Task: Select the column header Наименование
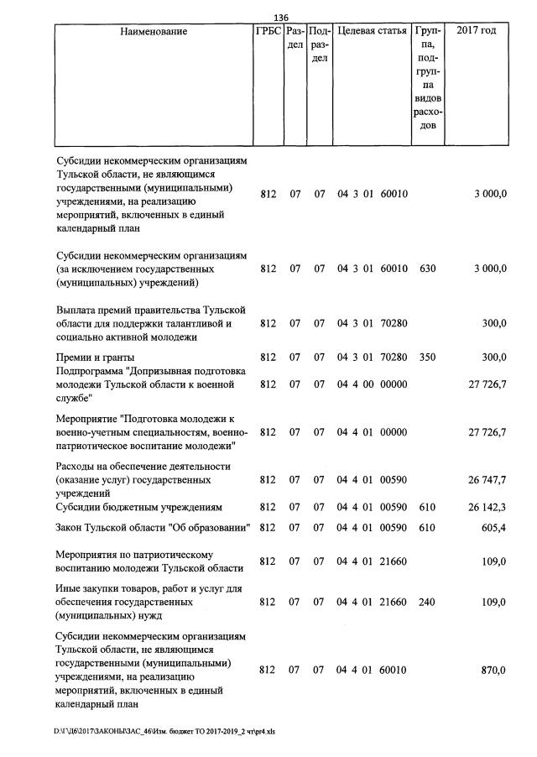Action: tap(154, 31)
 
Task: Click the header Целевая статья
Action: tap(372, 31)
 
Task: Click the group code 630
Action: tap(426, 269)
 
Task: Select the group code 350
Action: tap(426, 357)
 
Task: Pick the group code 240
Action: tap(426, 603)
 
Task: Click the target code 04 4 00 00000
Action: tap(372, 384)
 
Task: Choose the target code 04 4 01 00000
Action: tap(372, 432)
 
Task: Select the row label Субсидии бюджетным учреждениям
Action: tap(138, 507)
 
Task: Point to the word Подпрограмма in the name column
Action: tap(92, 370)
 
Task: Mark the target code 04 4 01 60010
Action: tap(372, 671)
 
